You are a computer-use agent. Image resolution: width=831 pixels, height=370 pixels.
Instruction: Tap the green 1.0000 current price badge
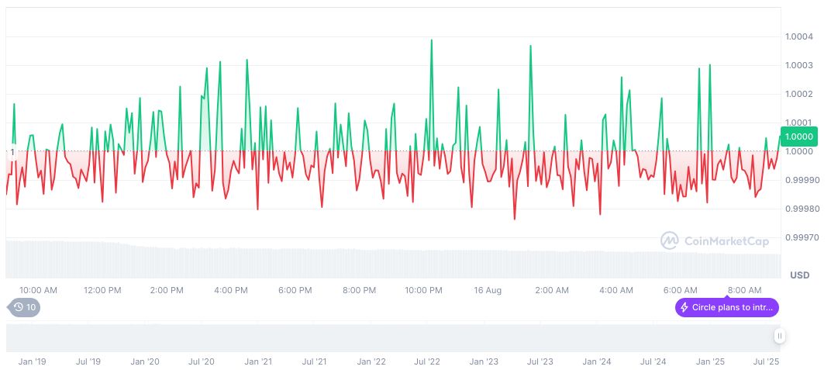pos(798,137)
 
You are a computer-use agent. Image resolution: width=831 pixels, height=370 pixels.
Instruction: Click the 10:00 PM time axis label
pos(423,290)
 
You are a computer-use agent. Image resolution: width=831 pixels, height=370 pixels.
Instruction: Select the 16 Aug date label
pos(488,290)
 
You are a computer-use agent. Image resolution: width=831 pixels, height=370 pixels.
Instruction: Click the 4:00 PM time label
pos(230,290)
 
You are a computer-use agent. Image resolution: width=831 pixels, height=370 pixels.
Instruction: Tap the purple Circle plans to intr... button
pos(726,307)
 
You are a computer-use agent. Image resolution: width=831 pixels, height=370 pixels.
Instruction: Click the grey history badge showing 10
pos(26,307)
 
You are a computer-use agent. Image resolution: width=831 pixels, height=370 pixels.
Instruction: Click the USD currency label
pos(799,275)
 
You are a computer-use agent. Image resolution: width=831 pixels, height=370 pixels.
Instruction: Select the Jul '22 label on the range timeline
pos(427,361)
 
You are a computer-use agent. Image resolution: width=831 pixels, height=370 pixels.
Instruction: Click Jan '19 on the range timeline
pos(33,361)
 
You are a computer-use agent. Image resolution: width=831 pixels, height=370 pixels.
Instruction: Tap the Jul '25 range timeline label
pos(767,361)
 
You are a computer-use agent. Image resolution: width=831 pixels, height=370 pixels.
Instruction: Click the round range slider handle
pos(779,336)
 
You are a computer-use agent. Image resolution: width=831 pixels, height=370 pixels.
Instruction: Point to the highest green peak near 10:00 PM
pos(431,40)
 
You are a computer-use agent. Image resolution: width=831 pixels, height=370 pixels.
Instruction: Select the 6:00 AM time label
pos(680,290)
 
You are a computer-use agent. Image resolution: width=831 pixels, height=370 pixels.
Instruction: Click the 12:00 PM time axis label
pos(102,290)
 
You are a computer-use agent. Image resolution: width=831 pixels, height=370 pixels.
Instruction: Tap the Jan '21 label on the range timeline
pos(258,361)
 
